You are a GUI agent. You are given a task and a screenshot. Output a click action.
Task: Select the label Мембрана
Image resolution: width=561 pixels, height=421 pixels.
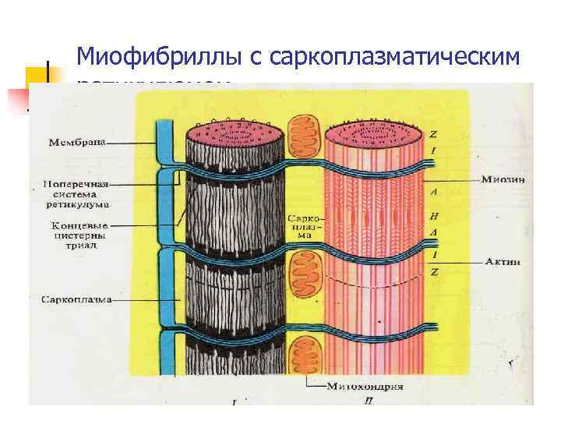[x=77, y=142]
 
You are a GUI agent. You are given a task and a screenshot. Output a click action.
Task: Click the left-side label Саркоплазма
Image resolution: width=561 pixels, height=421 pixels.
[x=75, y=299]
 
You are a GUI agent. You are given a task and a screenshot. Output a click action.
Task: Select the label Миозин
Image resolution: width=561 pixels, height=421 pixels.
[x=503, y=179]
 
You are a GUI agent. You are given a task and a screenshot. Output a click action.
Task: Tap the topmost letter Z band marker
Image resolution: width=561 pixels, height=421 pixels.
[x=433, y=133]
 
